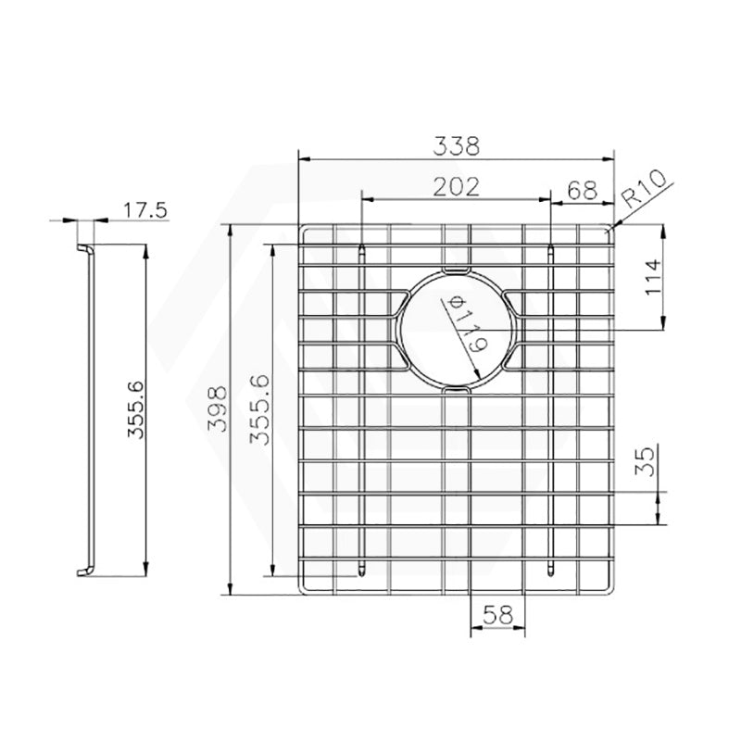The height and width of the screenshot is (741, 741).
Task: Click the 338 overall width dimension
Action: click(x=457, y=145)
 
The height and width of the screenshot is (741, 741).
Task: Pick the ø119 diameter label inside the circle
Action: click(x=466, y=324)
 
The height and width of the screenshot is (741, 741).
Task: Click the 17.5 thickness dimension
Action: click(x=144, y=210)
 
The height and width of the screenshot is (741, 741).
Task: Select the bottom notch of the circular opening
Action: click(x=456, y=393)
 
